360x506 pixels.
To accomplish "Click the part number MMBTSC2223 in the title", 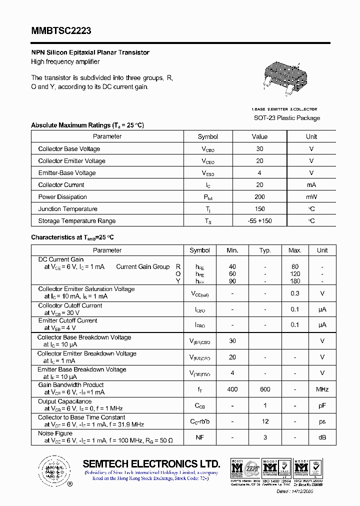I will (x=61, y=31).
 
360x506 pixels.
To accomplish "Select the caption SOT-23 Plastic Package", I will (x=287, y=118).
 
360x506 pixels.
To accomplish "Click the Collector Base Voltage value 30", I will (x=259, y=149).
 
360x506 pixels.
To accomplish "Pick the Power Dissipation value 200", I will (x=259, y=197).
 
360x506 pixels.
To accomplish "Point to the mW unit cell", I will (x=311, y=197).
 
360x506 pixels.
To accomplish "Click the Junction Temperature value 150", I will (x=259, y=209).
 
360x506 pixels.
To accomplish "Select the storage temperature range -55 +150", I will (x=259, y=221).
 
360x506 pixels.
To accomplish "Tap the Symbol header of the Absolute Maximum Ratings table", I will (x=208, y=136).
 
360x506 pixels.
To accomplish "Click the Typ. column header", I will (x=265, y=250).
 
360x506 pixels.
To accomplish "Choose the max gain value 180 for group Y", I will (x=295, y=281).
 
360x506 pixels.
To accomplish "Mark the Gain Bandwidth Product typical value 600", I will (x=265, y=389).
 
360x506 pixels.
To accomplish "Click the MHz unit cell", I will (x=322, y=389).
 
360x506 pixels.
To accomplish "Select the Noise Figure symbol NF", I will (x=199, y=437).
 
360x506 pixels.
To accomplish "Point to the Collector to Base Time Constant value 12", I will (x=265, y=421).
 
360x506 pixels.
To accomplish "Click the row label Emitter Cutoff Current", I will (x=68, y=320).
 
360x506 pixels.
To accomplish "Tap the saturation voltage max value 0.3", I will (x=295, y=293).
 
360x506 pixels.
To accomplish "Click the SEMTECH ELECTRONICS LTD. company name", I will (x=151, y=463).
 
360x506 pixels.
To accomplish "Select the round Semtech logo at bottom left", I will (x=52, y=470).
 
